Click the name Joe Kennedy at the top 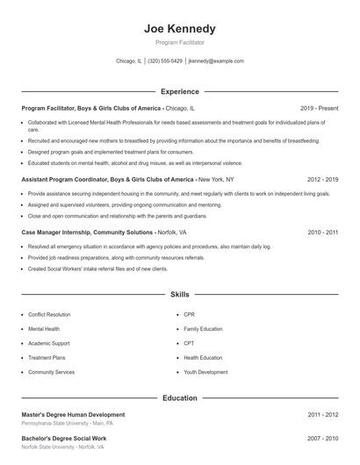pyautogui.click(x=179, y=29)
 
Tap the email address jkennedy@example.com pyautogui.click(x=216, y=61)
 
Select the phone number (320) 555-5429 pyautogui.click(x=165, y=61)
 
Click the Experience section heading pyautogui.click(x=179, y=91)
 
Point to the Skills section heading pyautogui.click(x=179, y=296)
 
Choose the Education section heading pyautogui.click(x=179, y=397)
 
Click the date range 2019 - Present pyautogui.click(x=319, y=108)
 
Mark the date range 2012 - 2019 pyautogui.click(x=322, y=179)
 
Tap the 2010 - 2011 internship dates pyautogui.click(x=322, y=232)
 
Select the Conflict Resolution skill pyautogui.click(x=49, y=313)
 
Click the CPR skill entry pyautogui.click(x=189, y=313)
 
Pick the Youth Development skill pyautogui.click(x=205, y=372)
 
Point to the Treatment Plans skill pyautogui.click(x=47, y=357)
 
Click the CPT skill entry pyautogui.click(x=189, y=343)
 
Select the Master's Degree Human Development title pyautogui.click(x=73, y=414)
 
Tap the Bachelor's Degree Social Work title pyautogui.click(x=64, y=438)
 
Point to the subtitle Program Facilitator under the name pyautogui.click(x=179, y=42)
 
